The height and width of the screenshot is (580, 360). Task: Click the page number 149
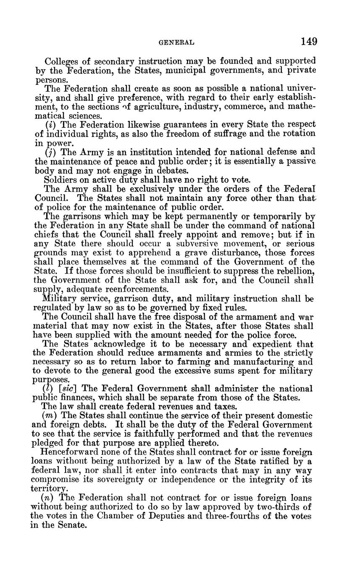(x=309, y=41)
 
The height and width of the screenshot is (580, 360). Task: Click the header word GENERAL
(x=176, y=42)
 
